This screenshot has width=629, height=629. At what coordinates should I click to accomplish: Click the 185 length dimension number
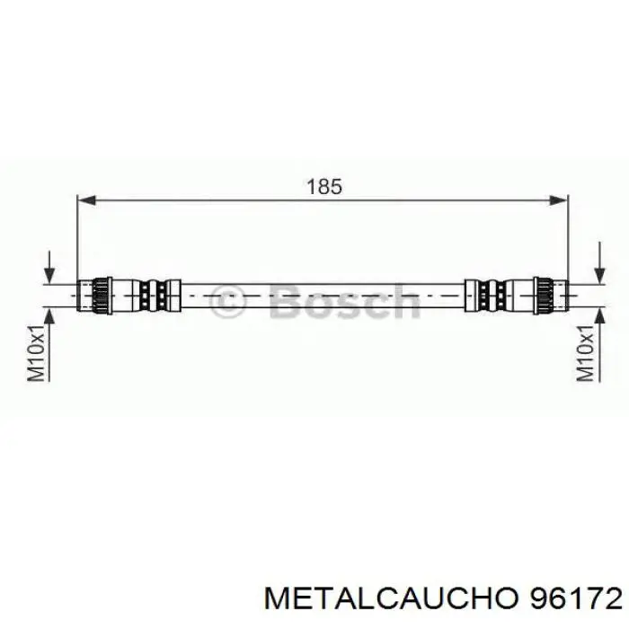coord(324,186)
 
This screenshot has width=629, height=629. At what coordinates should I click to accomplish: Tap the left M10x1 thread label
coord(36,353)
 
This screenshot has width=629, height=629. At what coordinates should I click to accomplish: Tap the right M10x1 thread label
coord(585,353)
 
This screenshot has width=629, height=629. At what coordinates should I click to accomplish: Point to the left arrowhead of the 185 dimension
coord(86,199)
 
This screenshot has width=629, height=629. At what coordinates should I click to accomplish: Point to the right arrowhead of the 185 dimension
coord(558,199)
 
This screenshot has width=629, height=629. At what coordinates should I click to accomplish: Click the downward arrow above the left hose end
coord(49,267)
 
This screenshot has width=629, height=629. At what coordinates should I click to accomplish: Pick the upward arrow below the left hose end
coord(49,344)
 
